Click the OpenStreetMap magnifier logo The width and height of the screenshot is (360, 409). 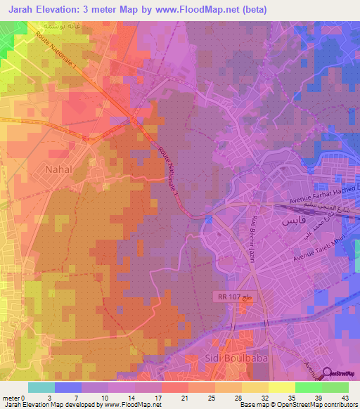coord(328,373)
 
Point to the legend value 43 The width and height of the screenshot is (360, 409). coord(345,398)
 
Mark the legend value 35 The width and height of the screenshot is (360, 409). coord(272,398)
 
